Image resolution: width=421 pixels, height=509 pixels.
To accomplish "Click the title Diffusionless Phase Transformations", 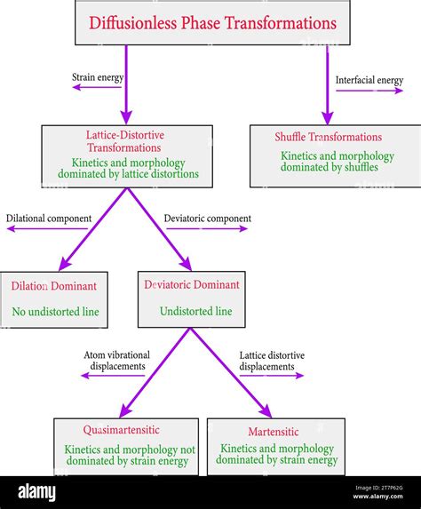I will (x=212, y=23).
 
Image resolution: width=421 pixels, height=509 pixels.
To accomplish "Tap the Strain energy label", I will (x=98, y=78).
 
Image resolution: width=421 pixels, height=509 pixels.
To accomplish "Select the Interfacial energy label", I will (x=369, y=81).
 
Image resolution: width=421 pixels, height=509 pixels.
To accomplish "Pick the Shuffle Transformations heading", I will (x=329, y=137).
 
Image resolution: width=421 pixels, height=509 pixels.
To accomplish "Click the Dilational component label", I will (x=47, y=218).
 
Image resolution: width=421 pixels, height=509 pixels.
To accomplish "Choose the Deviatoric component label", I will (x=208, y=218).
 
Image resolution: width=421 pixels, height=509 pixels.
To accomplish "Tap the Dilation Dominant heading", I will (x=54, y=286).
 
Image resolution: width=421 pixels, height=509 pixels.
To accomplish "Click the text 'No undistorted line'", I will (x=54, y=312).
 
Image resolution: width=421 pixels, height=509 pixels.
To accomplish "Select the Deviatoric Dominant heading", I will (x=192, y=285).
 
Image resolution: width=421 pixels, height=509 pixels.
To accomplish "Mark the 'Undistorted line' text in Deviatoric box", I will (x=195, y=312).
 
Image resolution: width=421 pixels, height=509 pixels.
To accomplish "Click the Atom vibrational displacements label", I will (x=117, y=361).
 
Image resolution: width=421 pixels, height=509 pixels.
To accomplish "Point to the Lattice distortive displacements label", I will (x=272, y=361).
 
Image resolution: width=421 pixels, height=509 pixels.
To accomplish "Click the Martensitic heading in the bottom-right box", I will (x=275, y=432).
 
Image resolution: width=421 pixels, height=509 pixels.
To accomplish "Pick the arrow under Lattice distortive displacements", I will (x=272, y=376).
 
